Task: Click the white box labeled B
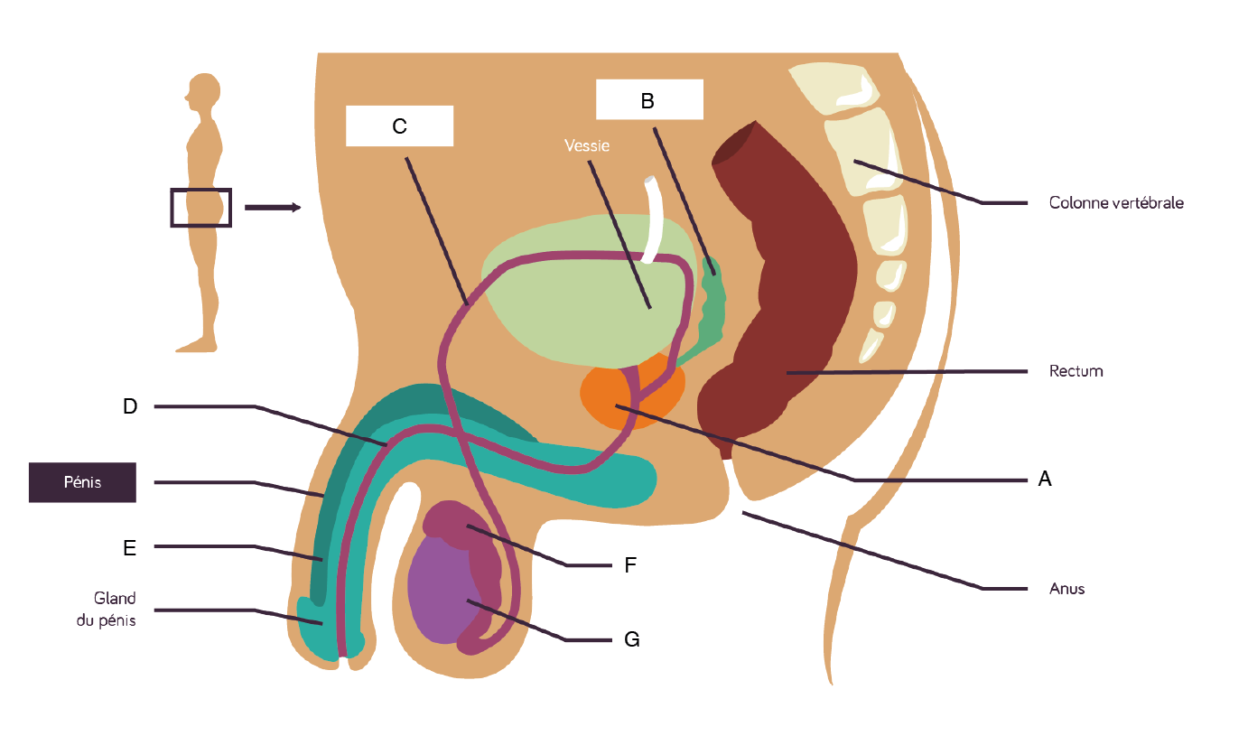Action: [648, 99]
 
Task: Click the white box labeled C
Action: [399, 126]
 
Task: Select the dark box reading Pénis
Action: [82, 482]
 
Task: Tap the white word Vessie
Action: [587, 144]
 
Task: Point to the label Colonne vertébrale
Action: [1115, 203]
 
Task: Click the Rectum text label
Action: [1076, 371]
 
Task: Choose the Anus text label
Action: [1066, 589]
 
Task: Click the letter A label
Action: [1045, 480]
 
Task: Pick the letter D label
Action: [130, 406]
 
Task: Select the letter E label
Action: [130, 546]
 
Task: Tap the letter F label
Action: [631, 565]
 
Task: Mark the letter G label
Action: [632, 640]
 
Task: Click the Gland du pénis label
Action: [114, 610]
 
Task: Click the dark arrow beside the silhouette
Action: [272, 208]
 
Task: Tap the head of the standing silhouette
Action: [203, 92]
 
